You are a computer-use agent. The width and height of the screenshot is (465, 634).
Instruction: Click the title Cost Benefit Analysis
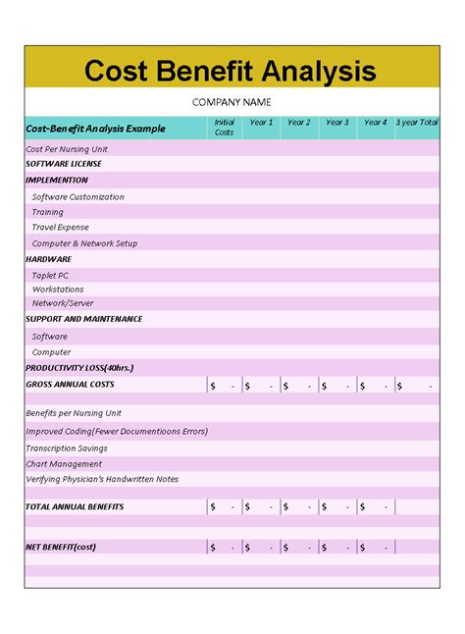[231, 71]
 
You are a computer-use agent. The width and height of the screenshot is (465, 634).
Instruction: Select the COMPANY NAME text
[232, 102]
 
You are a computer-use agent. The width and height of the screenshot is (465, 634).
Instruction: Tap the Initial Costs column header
[225, 127]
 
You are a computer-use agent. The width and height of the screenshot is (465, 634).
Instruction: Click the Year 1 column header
[261, 123]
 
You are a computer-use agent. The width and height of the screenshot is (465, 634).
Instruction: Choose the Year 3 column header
[336, 123]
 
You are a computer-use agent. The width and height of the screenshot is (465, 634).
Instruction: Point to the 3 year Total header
[417, 123]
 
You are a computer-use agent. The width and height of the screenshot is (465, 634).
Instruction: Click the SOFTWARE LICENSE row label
[64, 164]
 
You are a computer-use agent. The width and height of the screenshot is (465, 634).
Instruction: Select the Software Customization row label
[78, 196]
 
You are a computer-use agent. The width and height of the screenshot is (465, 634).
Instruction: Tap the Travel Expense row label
[61, 227]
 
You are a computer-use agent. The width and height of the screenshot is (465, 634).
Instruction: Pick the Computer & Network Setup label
[84, 243]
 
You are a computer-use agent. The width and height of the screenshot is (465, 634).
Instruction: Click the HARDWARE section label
[48, 259]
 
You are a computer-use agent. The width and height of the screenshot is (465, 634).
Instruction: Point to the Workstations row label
[58, 290]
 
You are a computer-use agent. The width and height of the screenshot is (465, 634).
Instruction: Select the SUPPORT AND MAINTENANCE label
[84, 319]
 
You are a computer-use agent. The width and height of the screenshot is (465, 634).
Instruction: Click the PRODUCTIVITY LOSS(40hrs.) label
[79, 367]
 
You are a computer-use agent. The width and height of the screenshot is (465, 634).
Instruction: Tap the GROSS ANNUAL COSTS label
[70, 384]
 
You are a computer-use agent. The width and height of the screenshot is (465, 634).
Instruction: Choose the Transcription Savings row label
[67, 448]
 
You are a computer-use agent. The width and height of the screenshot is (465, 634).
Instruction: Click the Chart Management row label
[64, 463]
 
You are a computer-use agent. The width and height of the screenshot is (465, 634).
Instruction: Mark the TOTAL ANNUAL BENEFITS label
[75, 506]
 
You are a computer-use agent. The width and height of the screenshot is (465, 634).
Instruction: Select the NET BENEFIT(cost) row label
[61, 546]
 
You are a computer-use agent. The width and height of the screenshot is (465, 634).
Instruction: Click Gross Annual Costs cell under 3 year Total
[417, 386]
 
